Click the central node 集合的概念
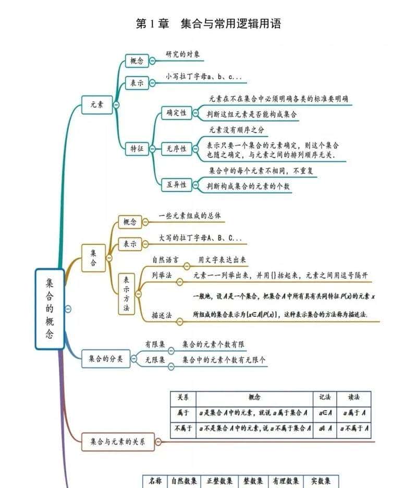pyautogui.click(x=50, y=308)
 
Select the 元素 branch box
pyautogui.click(x=97, y=105)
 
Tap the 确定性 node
pyautogui.click(x=176, y=113)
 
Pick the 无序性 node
pyautogui.click(x=176, y=149)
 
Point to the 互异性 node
pyautogui.click(x=176, y=185)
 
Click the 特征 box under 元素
pyautogui.click(x=137, y=149)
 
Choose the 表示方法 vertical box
pyautogui.click(x=126, y=294)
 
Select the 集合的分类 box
pyautogui.click(x=105, y=359)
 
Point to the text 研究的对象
pyautogui.click(x=182, y=54)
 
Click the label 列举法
pyautogui.click(x=162, y=276)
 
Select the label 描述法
pyautogui.click(x=162, y=316)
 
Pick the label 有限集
pyautogui.click(x=155, y=344)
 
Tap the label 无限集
pyautogui.click(x=155, y=360)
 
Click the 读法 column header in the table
pyautogui.click(x=354, y=397)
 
